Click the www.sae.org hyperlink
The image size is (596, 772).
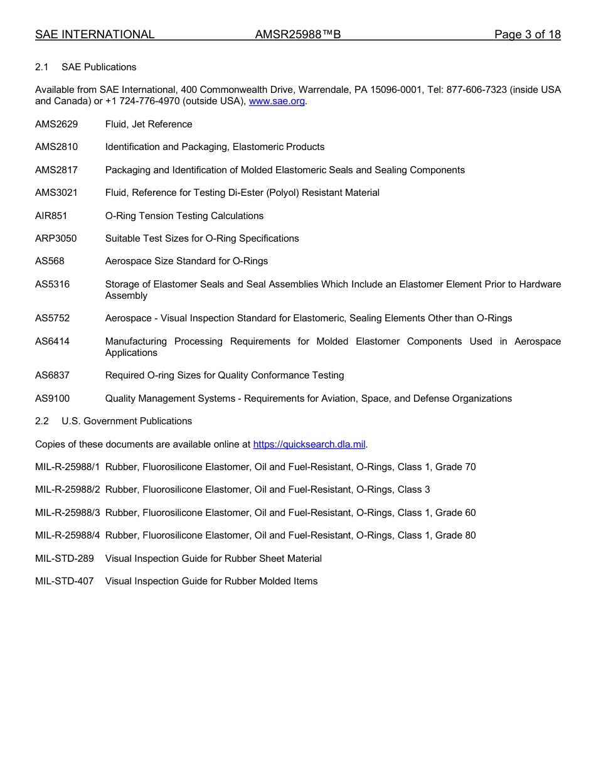coord(277,102)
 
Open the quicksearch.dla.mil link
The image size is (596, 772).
coord(309,444)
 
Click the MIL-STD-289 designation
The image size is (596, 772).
coord(65,559)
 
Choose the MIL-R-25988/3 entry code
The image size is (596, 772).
coord(68,513)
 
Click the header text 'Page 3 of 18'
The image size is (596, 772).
coord(527,35)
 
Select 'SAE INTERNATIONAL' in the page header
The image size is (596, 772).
coord(95,35)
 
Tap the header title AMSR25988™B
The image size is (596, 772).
coord(298,35)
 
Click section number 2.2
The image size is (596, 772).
coord(42,421)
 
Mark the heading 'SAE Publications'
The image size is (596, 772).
coord(98,67)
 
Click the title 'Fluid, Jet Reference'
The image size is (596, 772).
coord(149,124)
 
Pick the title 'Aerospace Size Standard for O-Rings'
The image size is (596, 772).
coord(186,261)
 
